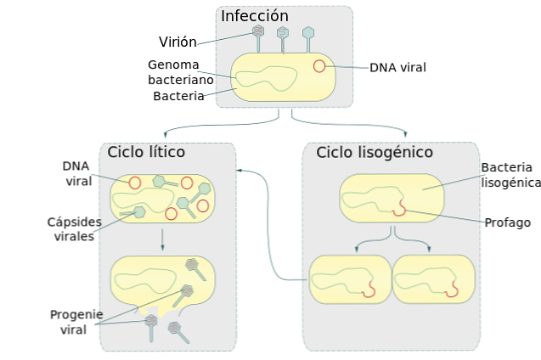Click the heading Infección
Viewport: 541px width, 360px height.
(x=254, y=16)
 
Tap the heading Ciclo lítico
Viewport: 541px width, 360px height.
(x=146, y=152)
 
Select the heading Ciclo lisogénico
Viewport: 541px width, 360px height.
(x=375, y=152)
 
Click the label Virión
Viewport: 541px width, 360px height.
(x=178, y=42)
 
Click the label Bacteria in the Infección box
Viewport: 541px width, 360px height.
(x=178, y=96)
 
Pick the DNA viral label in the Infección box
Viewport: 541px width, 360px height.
(x=397, y=67)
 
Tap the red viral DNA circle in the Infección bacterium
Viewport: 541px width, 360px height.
(x=318, y=65)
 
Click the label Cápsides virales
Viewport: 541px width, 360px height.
(x=74, y=229)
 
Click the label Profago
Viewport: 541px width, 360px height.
(x=507, y=222)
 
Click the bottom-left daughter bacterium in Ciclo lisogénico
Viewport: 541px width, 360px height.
(x=349, y=278)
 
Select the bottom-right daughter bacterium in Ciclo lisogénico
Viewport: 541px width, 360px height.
(x=433, y=278)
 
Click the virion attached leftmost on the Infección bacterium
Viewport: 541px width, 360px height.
(x=258, y=35)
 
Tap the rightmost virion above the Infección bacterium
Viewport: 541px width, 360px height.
(x=308, y=36)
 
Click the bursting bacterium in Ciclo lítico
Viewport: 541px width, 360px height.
(x=161, y=282)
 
